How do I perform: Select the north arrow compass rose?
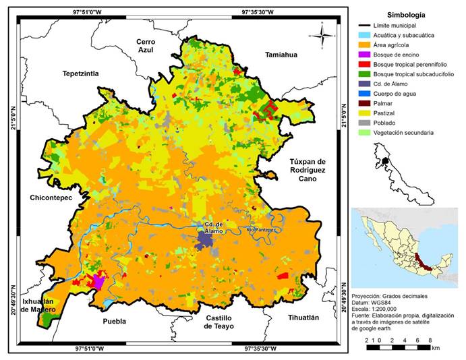coord(323,34)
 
